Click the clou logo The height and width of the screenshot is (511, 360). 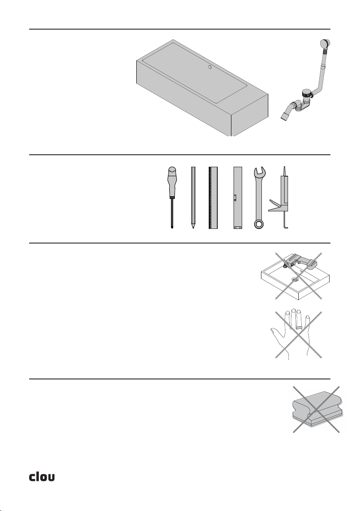[x=42, y=477]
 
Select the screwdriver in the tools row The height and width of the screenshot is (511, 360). [x=172, y=198]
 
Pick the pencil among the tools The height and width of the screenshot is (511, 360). [x=193, y=198]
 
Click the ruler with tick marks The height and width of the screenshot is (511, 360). [x=213, y=198]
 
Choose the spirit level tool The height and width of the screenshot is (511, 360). [x=238, y=198]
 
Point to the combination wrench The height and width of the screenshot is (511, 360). [x=259, y=198]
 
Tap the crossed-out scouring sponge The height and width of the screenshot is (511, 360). [x=316, y=409]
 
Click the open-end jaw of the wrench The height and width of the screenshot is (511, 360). [x=260, y=171]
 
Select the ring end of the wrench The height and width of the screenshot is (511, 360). [x=259, y=224]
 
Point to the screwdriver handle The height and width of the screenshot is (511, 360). [x=172, y=182]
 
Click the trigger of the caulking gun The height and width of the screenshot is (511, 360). [x=274, y=206]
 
